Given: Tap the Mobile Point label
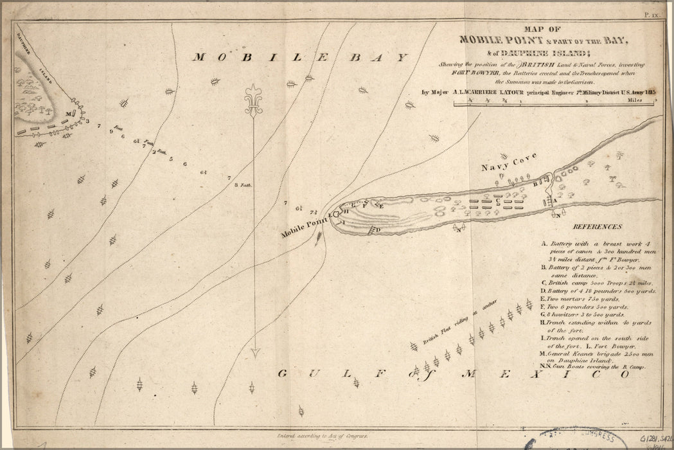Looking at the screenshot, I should click(x=303, y=228).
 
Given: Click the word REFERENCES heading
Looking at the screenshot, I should click(x=598, y=227).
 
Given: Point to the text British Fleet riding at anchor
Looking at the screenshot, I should click(x=452, y=328).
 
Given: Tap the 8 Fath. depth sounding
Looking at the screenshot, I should click(x=244, y=185).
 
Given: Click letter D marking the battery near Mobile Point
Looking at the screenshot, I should click(x=378, y=230).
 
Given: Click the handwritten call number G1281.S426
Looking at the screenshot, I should click(x=652, y=437).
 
